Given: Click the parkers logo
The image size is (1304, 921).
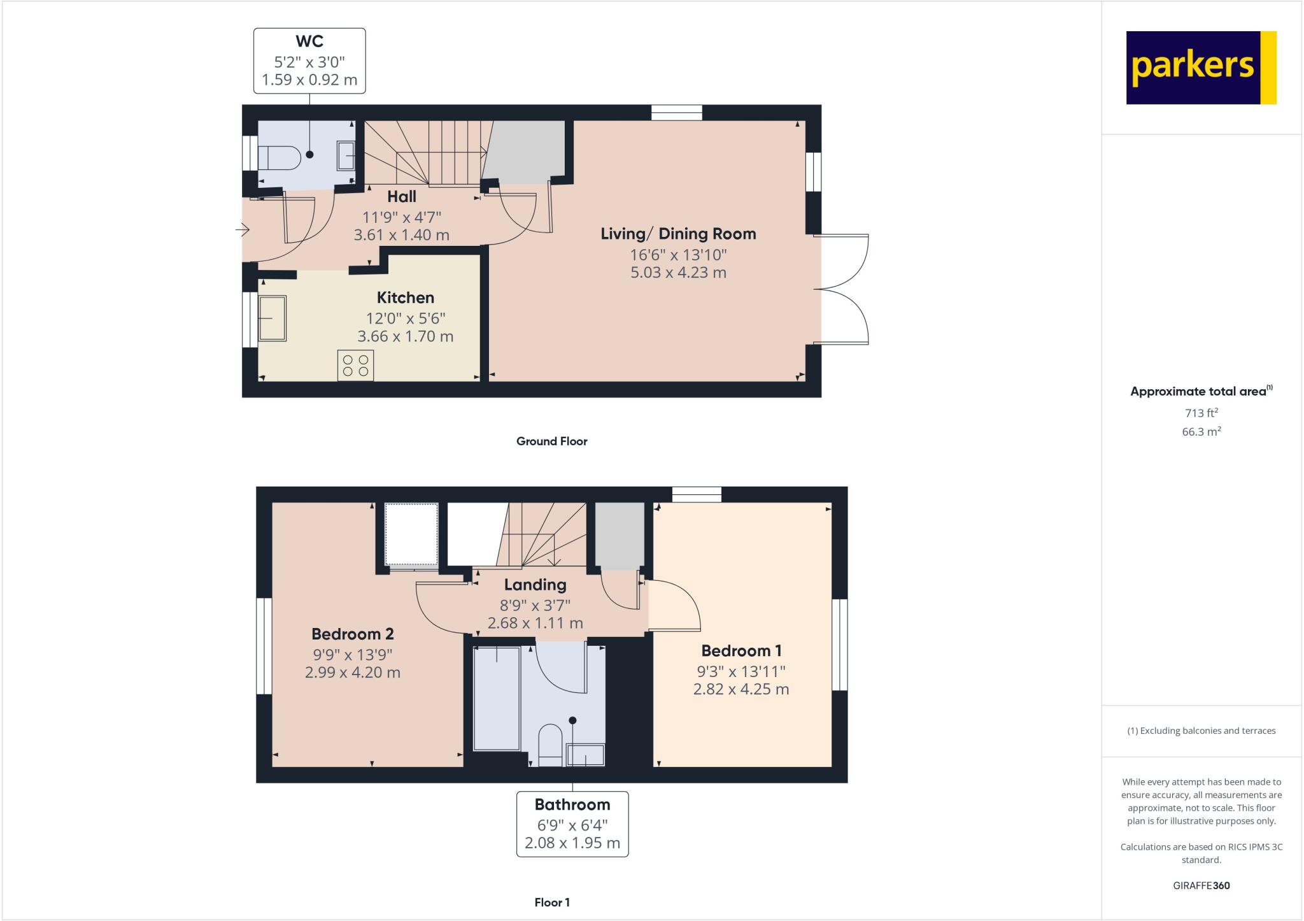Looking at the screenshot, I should [x=1201, y=68].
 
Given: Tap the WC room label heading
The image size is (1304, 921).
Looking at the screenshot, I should [x=309, y=41].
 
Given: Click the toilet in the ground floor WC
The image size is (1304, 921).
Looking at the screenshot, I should [x=280, y=158].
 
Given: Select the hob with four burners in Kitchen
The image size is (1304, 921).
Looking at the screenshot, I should [x=355, y=366].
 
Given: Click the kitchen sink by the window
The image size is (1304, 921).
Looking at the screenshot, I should [x=273, y=318].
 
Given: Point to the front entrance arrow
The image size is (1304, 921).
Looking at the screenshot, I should [x=243, y=229].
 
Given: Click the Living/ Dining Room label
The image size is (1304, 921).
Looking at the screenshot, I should [x=678, y=234].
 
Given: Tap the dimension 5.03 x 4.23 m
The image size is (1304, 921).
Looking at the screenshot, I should [x=678, y=273].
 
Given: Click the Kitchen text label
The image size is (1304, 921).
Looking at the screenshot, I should [x=405, y=297].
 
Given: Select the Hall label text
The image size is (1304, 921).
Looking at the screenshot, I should [x=401, y=197].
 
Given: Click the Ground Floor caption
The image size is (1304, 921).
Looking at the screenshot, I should [x=551, y=441].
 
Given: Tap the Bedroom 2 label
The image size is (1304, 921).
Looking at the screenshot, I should [x=352, y=634].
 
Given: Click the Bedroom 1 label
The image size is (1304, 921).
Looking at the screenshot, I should [x=741, y=651].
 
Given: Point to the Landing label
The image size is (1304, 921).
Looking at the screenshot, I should [x=535, y=585].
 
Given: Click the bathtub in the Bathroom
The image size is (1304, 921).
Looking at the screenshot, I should [x=497, y=699].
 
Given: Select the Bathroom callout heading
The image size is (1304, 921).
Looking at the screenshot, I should [x=572, y=804].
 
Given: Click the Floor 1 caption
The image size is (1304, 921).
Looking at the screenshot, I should [x=551, y=903].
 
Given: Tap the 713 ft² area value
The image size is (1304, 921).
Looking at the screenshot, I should [x=1201, y=413].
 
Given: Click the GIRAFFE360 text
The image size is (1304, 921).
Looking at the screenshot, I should [x=1201, y=885].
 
